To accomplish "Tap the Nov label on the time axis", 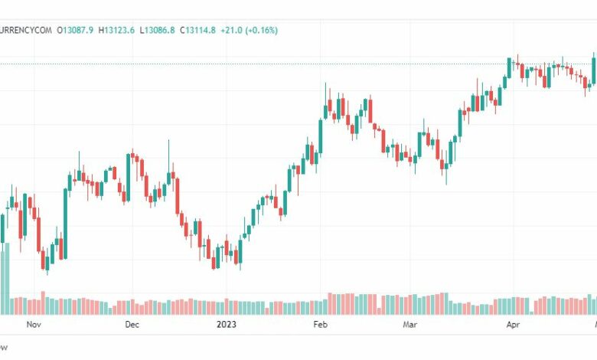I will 33,325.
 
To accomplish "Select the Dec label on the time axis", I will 132,325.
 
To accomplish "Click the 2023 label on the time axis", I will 226,325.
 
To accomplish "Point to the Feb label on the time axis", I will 320,325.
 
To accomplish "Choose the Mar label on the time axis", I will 410,325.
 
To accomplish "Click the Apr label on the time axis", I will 513,325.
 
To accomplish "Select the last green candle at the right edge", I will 594,69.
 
